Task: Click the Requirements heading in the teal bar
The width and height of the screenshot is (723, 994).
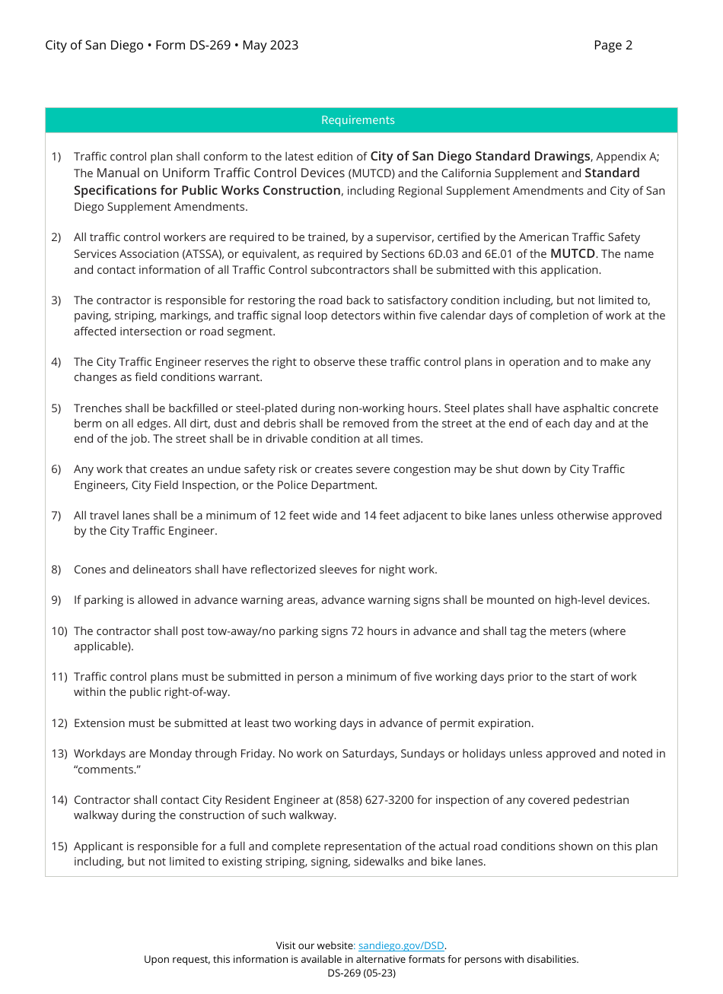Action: (x=358, y=120)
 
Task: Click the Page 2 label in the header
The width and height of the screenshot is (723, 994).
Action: (x=613, y=46)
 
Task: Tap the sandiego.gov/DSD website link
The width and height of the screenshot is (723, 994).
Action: (x=401, y=946)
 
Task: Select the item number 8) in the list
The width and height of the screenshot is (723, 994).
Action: (x=56, y=570)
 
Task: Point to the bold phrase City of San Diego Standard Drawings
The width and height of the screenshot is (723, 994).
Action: (x=479, y=157)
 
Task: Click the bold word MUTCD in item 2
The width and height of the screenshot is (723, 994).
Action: (x=572, y=254)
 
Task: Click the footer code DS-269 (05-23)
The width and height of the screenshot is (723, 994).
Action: (x=361, y=973)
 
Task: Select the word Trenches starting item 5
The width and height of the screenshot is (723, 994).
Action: (x=98, y=408)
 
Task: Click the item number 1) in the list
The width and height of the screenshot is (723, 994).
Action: (x=56, y=157)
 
